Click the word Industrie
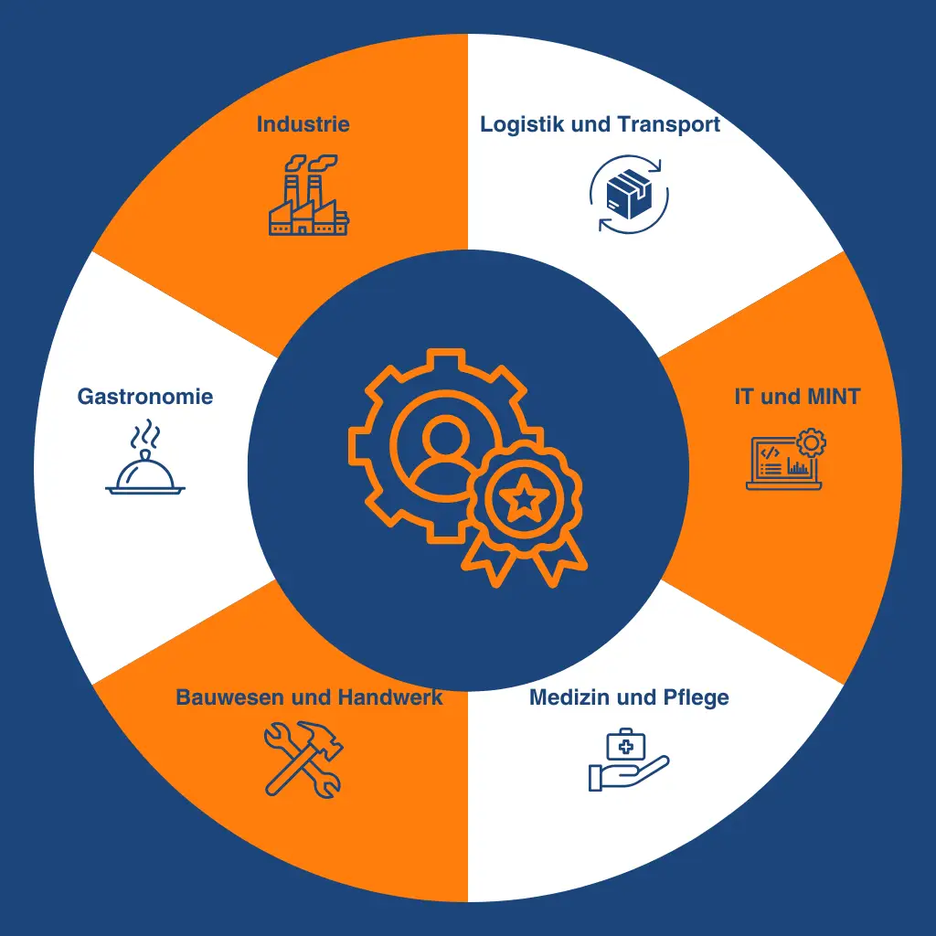(x=303, y=124)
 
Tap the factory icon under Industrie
(x=309, y=195)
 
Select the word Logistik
(x=522, y=124)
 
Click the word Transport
(x=668, y=124)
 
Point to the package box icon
(x=629, y=194)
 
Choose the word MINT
(x=834, y=397)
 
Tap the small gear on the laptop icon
(x=812, y=443)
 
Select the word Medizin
(x=568, y=697)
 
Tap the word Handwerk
(x=390, y=697)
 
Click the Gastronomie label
(x=145, y=397)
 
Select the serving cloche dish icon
(x=145, y=473)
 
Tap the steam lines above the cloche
(x=145, y=434)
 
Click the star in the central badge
(x=524, y=497)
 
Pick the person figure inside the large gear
(x=445, y=452)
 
